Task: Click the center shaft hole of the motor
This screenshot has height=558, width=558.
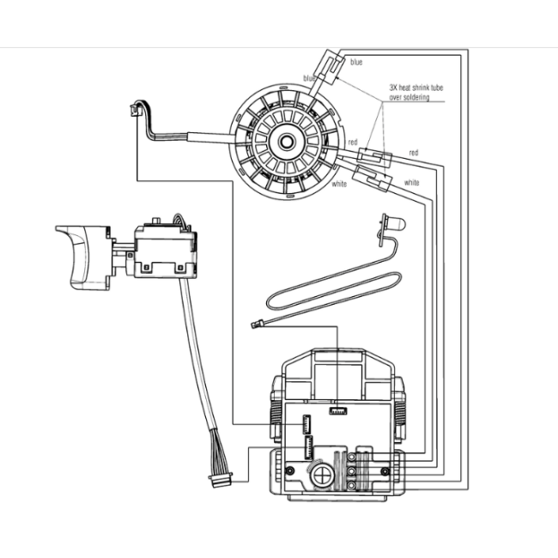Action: click(285, 142)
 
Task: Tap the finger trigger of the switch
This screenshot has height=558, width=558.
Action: click(82, 257)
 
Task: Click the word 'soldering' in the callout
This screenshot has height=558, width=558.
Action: click(416, 97)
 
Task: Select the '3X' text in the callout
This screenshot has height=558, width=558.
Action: click(393, 88)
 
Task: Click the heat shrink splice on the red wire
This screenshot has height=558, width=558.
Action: click(375, 157)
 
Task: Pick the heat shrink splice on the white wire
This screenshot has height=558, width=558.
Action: click(373, 179)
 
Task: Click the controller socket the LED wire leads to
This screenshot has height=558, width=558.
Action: click(338, 411)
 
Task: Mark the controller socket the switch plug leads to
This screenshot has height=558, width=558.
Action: click(308, 447)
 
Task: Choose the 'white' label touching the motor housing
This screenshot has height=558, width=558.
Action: click(339, 184)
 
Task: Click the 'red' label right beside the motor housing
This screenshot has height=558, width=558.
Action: click(353, 142)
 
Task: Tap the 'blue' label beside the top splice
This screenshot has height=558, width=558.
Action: click(356, 62)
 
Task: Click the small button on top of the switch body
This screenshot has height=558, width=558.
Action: click(155, 221)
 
